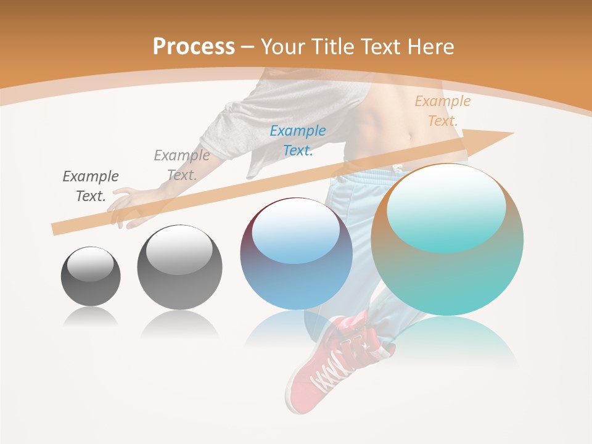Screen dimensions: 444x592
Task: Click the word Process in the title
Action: click(x=194, y=47)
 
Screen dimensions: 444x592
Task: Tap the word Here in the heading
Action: click(x=430, y=47)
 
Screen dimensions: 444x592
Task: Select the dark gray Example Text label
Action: click(x=91, y=186)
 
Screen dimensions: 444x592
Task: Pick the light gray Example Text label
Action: click(x=181, y=165)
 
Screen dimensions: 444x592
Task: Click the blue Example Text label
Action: click(x=298, y=140)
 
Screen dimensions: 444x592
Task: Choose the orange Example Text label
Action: click(x=442, y=110)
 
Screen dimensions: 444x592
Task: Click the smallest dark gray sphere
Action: click(x=91, y=276)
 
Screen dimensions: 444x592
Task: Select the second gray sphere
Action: click(x=179, y=268)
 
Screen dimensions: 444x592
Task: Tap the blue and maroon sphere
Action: click(x=296, y=254)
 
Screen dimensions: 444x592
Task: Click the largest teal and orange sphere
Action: click(x=447, y=240)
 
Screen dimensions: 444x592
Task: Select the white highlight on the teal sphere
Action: click(x=446, y=207)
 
